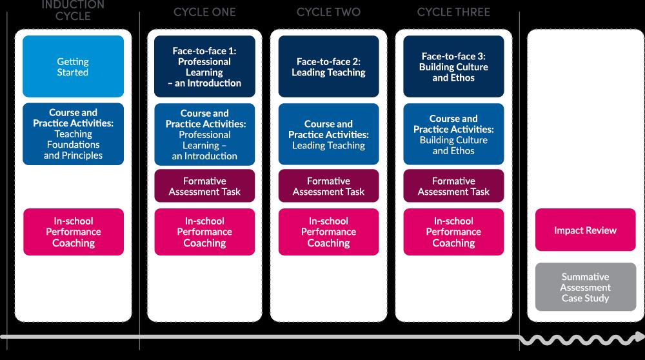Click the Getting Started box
pos(73,66)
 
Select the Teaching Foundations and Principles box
pos(73,134)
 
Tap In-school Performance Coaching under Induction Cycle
pos(73,232)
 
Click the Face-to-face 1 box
pos(204,66)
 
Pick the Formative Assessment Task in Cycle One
pos(204,186)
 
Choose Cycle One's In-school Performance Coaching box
pos(204,232)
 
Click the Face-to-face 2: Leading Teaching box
pos(328,66)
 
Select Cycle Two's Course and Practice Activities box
pos(328,134)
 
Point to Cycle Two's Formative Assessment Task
pos(328,186)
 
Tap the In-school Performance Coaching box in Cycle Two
pos(328,232)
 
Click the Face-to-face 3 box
pos(453,66)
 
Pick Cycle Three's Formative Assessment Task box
pos(453,186)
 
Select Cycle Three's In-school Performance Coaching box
pos(453,232)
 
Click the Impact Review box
pos(585,230)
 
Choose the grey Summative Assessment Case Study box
pos(585,287)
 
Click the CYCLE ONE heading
pos(204,12)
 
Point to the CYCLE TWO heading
pos(328,12)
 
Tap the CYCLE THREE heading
pos(453,12)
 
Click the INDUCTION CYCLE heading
pos(73,10)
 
